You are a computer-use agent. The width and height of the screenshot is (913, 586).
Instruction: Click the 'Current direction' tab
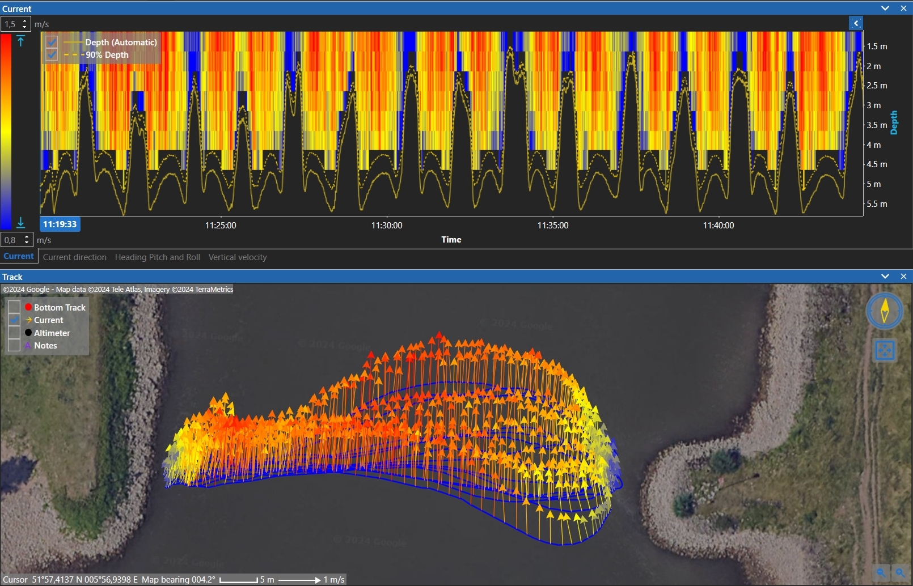tap(74, 257)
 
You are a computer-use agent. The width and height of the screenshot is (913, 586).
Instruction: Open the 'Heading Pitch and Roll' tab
tap(157, 257)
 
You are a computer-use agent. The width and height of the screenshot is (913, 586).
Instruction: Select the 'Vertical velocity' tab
tap(237, 257)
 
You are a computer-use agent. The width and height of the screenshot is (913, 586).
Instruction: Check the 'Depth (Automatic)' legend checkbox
tap(52, 43)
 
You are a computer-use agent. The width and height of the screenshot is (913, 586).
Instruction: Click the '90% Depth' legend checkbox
tap(52, 55)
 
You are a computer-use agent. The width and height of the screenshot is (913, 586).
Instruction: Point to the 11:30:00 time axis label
tap(387, 226)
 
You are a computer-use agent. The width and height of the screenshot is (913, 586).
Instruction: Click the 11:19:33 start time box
tap(60, 224)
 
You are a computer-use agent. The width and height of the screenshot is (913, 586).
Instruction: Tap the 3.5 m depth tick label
tap(876, 125)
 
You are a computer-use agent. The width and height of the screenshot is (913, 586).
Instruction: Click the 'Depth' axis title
tap(894, 122)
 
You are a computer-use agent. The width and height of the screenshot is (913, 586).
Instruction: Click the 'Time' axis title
tap(451, 240)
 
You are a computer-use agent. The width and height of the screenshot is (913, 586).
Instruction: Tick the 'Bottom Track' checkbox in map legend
tap(14, 307)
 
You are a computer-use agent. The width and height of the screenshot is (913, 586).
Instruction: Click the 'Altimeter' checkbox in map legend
tap(14, 333)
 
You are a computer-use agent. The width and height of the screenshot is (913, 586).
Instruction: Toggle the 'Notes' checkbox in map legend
tap(14, 346)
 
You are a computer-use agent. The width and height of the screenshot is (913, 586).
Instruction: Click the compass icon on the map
tap(884, 311)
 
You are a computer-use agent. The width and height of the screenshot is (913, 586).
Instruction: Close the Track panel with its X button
tap(903, 277)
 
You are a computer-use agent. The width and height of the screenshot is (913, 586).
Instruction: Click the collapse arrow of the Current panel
tap(885, 9)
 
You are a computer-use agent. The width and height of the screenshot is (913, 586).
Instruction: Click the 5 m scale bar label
tap(267, 580)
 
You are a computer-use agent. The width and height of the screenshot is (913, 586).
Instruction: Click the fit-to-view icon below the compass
tap(885, 350)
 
